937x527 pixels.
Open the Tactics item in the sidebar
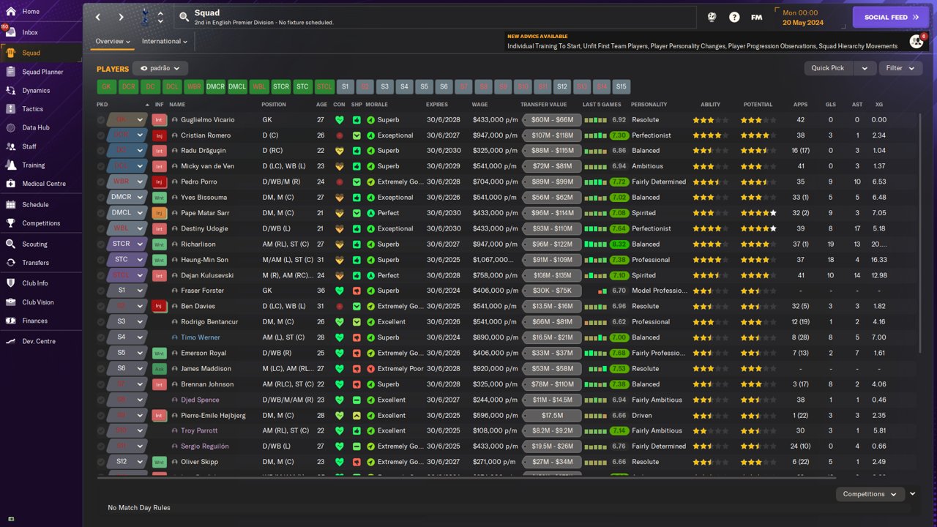[32, 109]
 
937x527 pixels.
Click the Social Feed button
[890, 17]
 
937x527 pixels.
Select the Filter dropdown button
[900, 68]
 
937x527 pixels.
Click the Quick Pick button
[828, 68]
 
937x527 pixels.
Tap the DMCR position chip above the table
[215, 86]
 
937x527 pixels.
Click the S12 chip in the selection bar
[561, 86]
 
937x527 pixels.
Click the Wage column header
[479, 105]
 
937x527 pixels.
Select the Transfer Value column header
[543, 105]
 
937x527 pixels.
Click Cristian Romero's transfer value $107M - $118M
[552, 135]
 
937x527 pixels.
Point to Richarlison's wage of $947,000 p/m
[495, 244]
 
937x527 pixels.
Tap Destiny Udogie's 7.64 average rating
[619, 228]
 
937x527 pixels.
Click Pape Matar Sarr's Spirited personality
[643, 213]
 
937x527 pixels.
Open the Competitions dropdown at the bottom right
[869, 494]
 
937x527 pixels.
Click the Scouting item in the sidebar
[34, 244]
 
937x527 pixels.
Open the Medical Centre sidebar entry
[43, 184]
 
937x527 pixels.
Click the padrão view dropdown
[160, 68]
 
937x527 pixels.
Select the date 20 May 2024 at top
[803, 22]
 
